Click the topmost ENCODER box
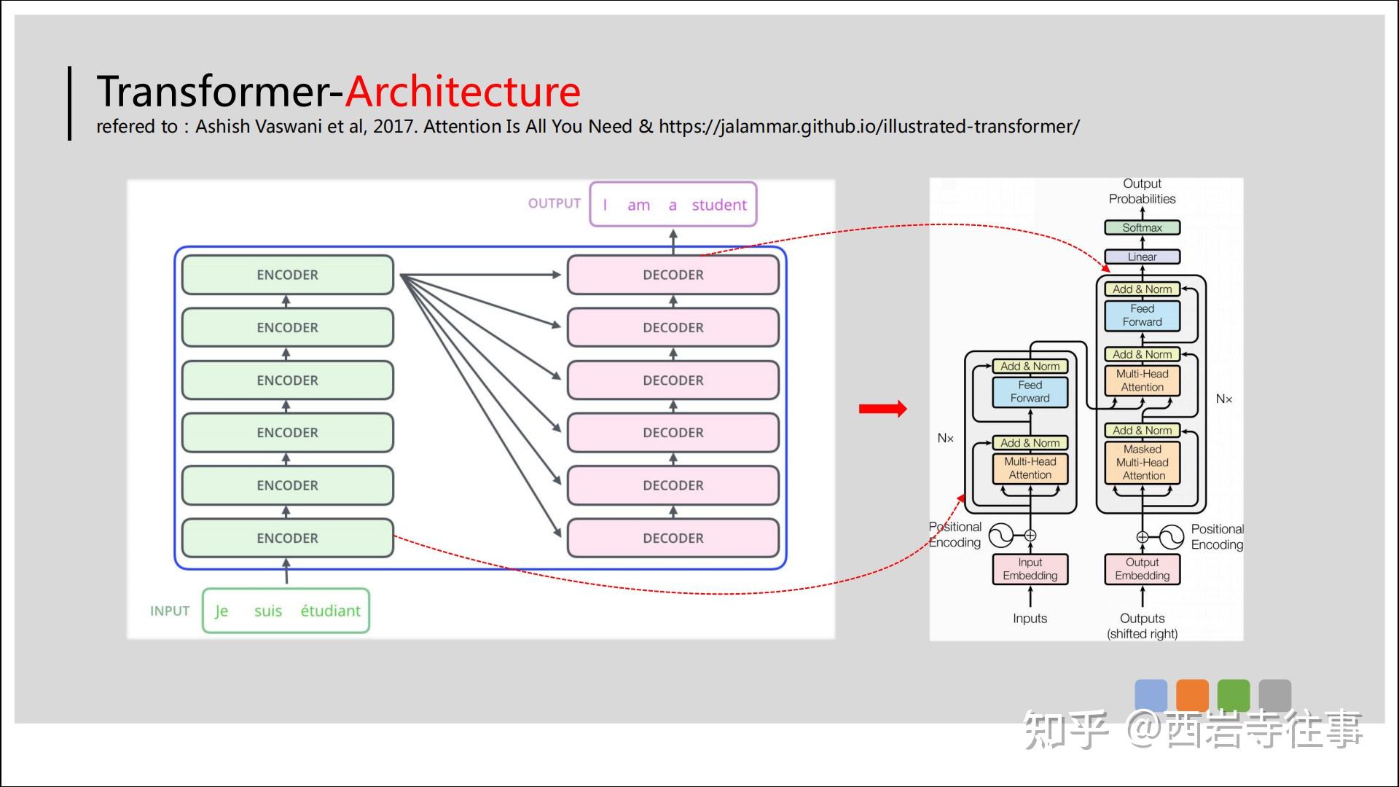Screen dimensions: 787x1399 [287, 275]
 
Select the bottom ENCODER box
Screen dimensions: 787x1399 [287, 538]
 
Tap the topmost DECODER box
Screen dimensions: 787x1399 [673, 275]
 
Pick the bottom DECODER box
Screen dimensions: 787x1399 [673, 538]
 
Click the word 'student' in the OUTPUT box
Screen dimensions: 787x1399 [719, 205]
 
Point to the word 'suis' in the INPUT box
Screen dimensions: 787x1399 [267, 611]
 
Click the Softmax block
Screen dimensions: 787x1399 [1142, 227]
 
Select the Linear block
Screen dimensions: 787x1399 [1142, 257]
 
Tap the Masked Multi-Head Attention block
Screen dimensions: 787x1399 [1143, 463]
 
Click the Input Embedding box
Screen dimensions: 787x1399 [1030, 569]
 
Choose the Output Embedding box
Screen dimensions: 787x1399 [1142, 569]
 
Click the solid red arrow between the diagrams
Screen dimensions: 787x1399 [882, 409]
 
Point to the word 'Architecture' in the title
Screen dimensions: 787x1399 [463, 92]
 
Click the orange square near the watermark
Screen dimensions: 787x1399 [1192, 694]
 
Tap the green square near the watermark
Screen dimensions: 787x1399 [1234, 694]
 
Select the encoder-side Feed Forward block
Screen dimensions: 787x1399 [1030, 392]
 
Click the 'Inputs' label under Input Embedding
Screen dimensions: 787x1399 [1030, 619]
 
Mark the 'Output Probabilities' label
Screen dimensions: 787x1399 [1142, 191]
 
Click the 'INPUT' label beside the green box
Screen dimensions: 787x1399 [170, 611]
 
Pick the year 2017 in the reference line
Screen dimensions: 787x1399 [393, 127]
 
